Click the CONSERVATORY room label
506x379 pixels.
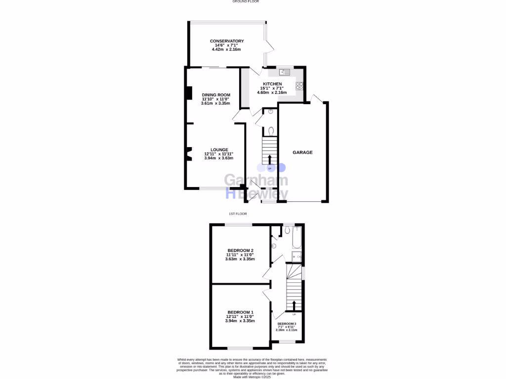click(x=227, y=41)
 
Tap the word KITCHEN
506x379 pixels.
click(x=272, y=84)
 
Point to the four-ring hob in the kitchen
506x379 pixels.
click(x=299, y=86)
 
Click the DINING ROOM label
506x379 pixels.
click(x=216, y=95)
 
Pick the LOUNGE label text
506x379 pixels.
click(x=219, y=149)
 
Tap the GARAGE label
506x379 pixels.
click(x=303, y=152)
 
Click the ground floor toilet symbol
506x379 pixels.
click(x=272, y=131)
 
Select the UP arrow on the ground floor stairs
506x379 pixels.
click(x=270, y=159)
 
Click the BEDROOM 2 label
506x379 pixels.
click(x=240, y=250)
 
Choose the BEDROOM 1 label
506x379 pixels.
click(x=240, y=312)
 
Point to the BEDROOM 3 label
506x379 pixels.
click(x=287, y=324)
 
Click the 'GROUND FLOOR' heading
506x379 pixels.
click(x=246, y=1)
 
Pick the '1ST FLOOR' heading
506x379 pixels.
click(x=238, y=214)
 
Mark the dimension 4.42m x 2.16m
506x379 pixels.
click(x=227, y=50)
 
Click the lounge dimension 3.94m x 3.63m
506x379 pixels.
click(x=218, y=158)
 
